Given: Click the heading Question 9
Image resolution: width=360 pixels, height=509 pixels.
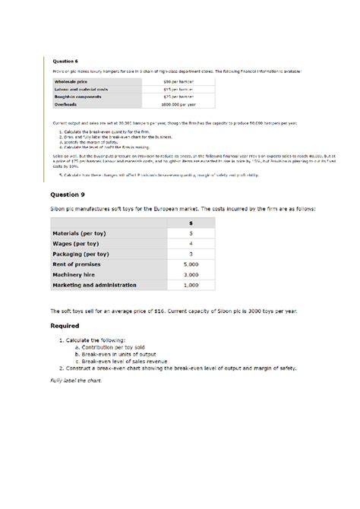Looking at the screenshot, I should (70, 194).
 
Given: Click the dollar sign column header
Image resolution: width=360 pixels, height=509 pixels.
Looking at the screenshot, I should (191, 223).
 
